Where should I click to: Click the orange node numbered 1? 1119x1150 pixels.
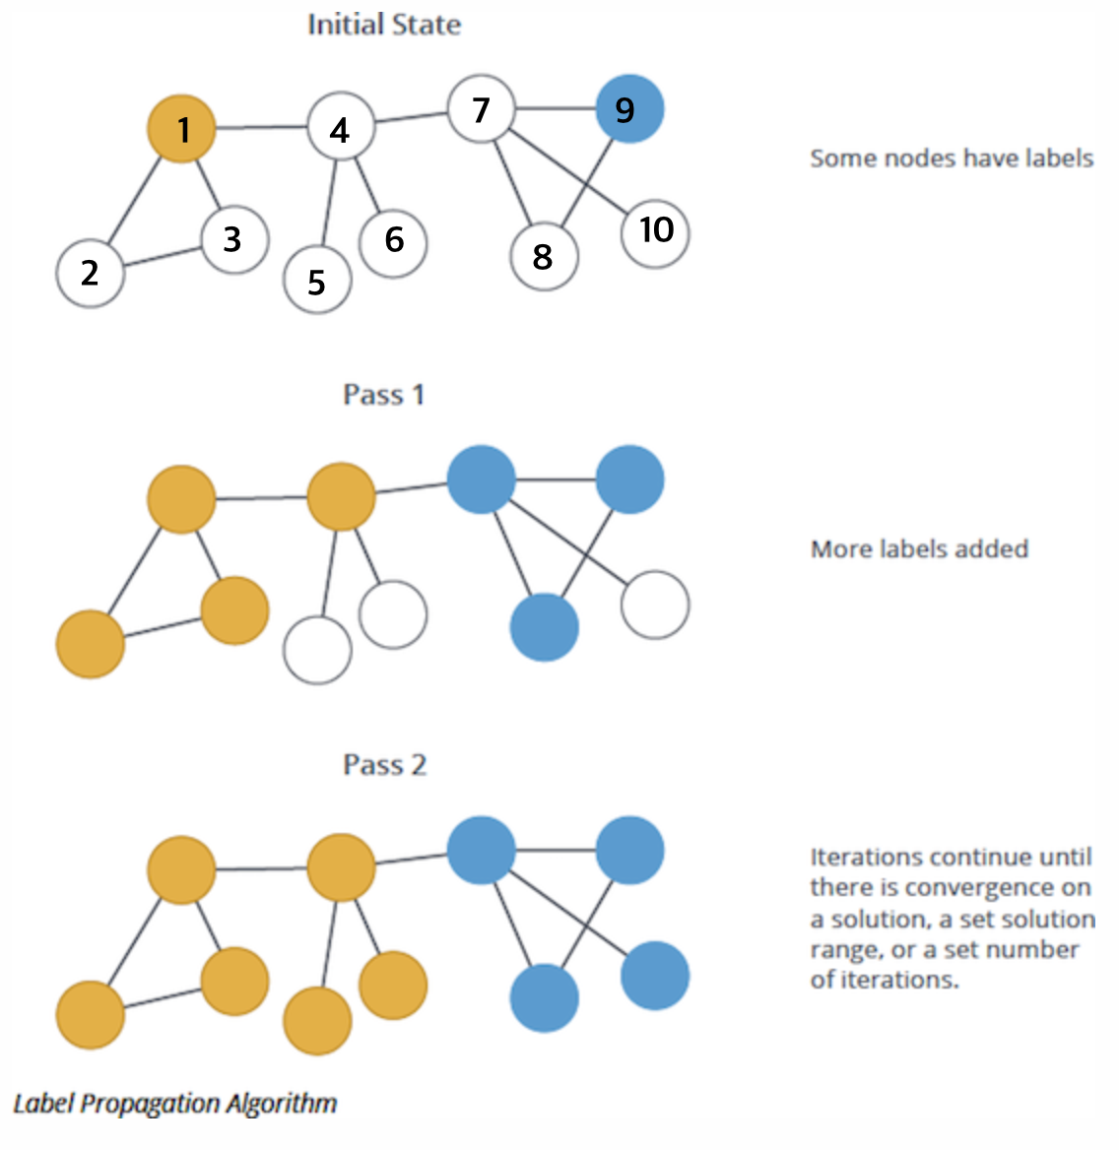click(181, 129)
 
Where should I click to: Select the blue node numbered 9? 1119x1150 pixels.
click(629, 108)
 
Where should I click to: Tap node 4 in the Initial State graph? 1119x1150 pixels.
click(341, 128)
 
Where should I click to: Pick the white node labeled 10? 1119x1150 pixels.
click(655, 231)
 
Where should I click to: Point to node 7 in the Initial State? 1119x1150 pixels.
click(481, 108)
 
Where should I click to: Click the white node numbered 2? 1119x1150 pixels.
click(91, 273)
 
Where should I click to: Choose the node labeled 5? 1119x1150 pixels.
click(317, 281)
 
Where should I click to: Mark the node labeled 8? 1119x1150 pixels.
click(544, 257)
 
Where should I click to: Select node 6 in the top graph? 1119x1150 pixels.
click(393, 239)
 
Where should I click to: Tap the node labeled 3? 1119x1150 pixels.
click(234, 239)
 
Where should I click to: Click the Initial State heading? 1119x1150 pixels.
click(384, 25)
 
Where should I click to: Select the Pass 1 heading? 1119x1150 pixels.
click(383, 395)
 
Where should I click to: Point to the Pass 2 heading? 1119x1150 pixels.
click(384, 765)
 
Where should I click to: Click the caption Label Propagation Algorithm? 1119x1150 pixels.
click(175, 1103)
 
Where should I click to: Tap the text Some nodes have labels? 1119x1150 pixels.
click(952, 159)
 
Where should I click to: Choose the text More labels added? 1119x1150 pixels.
click(919, 548)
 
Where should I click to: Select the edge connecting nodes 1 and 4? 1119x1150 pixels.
click(261, 128)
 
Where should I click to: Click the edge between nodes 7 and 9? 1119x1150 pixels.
click(556, 108)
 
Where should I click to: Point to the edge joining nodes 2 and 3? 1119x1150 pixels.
click(163, 256)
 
